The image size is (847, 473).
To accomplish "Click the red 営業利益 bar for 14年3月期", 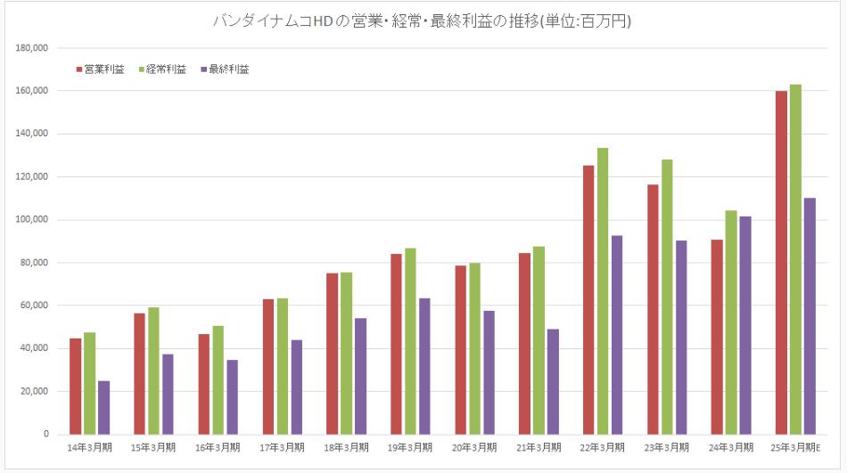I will pyautogui.click(x=76, y=386).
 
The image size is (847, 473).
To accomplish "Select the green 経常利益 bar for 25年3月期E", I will pyautogui.click(x=795, y=259).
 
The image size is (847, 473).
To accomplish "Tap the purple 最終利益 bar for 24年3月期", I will pyautogui.click(x=745, y=325).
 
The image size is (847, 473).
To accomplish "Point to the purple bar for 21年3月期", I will pyautogui.click(x=553, y=381).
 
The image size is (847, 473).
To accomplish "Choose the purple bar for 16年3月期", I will pyautogui.click(x=232, y=396).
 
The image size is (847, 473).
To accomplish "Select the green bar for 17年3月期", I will pyautogui.click(x=282, y=365).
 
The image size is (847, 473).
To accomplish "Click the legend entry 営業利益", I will pyautogui.click(x=103, y=69).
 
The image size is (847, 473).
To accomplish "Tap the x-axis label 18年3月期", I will pyautogui.click(x=346, y=447).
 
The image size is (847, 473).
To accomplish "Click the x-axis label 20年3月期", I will pyautogui.click(x=474, y=447).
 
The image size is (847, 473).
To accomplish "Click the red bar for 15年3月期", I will pyautogui.click(x=140, y=373).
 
